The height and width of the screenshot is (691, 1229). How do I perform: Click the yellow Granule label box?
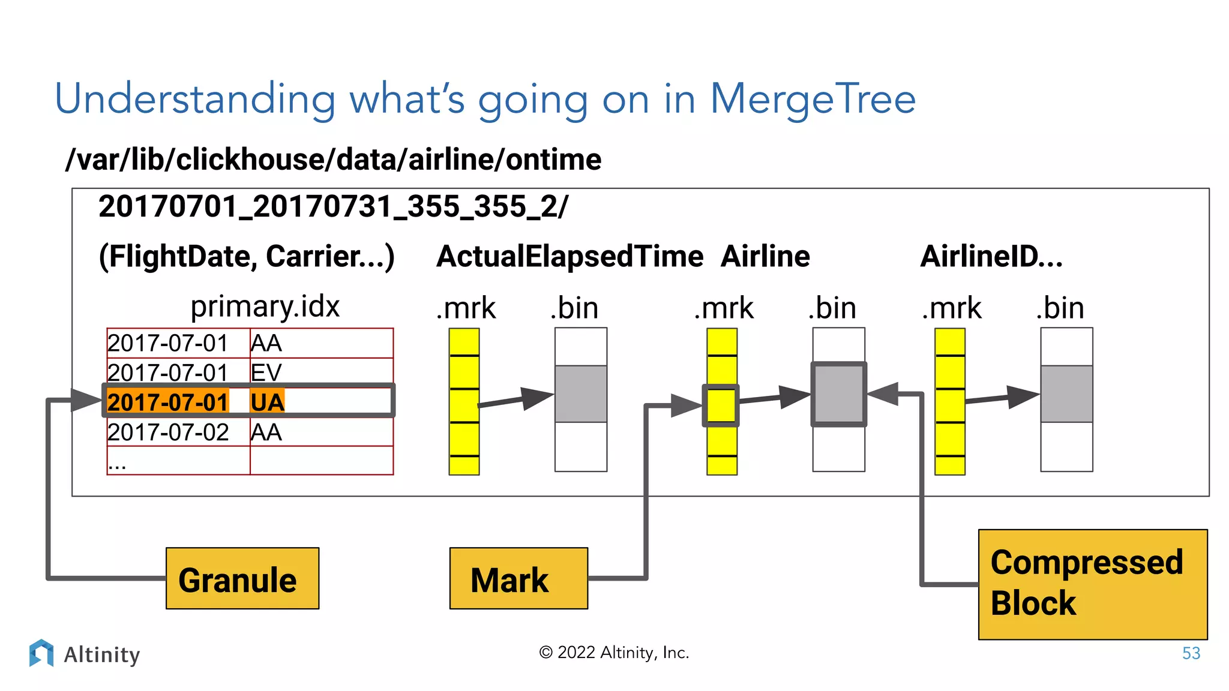[x=242, y=578]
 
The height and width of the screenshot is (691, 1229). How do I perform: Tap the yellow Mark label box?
[x=518, y=578]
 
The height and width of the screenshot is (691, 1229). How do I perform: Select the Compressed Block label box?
[x=1092, y=584]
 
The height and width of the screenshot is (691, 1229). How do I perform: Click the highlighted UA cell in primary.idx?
[x=267, y=402]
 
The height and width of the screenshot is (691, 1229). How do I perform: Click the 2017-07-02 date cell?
[x=169, y=432]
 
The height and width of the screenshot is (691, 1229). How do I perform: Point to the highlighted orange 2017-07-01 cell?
[x=169, y=402]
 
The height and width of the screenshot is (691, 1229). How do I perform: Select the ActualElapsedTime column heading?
[x=569, y=256]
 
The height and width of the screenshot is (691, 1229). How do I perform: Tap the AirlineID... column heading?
[x=991, y=256]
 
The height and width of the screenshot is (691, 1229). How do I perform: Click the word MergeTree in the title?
[x=813, y=99]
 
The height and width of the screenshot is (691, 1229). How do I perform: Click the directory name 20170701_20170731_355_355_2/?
[x=333, y=206]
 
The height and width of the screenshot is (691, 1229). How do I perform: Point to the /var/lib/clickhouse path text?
[x=333, y=160]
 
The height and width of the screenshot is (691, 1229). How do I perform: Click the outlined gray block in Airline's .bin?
[x=838, y=394]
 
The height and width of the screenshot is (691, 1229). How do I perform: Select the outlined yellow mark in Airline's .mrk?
[x=721, y=405]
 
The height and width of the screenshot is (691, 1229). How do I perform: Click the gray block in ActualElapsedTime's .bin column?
[x=580, y=394]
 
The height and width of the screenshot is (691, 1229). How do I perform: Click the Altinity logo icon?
[x=41, y=653]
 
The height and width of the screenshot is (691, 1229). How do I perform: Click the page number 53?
[x=1191, y=653]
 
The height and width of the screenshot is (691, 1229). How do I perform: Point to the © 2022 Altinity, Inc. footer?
[x=614, y=652]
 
